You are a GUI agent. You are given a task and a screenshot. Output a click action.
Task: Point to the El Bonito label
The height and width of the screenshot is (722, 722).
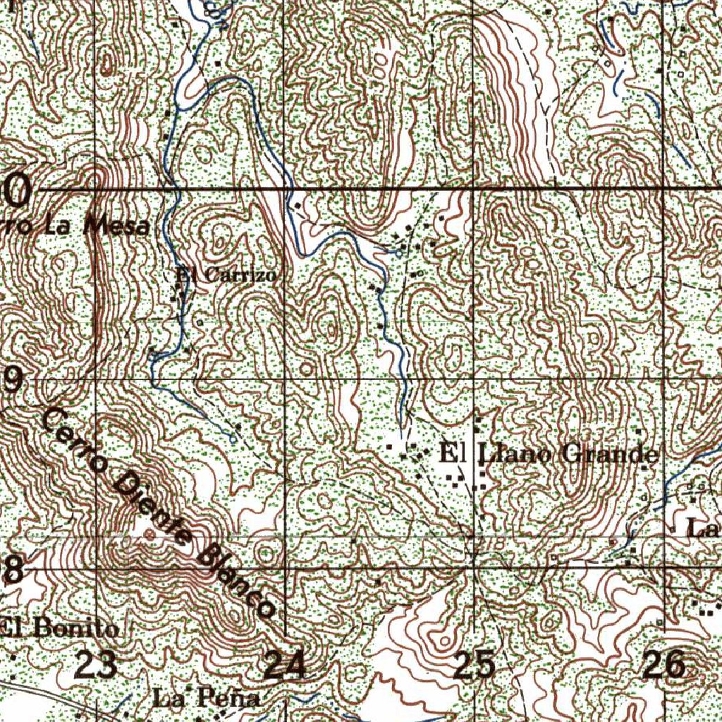(x=59, y=628)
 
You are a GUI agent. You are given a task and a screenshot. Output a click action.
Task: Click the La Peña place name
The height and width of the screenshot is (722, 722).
(x=206, y=699)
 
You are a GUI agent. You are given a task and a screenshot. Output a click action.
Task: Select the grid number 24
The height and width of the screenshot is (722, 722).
(x=285, y=664)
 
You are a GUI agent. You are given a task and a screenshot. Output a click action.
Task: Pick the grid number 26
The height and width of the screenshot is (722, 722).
(x=664, y=664)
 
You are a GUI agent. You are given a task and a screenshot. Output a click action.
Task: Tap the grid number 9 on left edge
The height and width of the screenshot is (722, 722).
(x=11, y=381)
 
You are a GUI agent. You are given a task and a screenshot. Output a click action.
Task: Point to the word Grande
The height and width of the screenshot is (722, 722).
(x=610, y=454)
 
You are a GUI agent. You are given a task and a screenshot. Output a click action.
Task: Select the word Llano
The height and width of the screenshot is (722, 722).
(x=516, y=453)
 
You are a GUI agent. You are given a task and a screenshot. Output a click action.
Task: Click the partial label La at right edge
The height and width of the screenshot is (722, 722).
(x=702, y=527)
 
